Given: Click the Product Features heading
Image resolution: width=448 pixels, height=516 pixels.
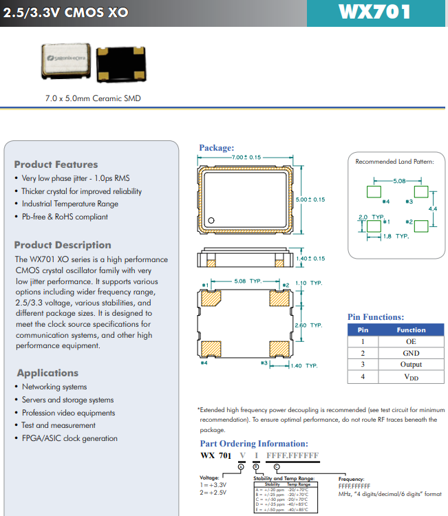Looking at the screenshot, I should tap(56, 164).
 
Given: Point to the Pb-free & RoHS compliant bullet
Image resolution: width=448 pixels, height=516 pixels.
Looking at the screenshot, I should tap(65, 217).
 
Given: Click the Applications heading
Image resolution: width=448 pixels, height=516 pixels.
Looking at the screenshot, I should tap(47, 373).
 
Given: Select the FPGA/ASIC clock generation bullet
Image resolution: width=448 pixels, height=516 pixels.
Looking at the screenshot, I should tap(70, 438).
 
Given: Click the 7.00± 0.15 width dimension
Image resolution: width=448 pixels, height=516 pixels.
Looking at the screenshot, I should tap(246, 158).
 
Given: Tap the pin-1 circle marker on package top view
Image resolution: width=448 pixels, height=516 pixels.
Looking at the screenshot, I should tap(212, 221).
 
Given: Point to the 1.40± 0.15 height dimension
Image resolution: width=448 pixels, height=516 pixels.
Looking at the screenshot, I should tap(310, 259).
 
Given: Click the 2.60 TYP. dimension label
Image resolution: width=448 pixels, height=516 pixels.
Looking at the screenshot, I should tap(308, 325).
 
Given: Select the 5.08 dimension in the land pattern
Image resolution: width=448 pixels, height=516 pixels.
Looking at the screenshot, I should tap(399, 181).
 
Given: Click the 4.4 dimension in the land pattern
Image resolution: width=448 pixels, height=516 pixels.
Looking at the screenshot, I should tap(432, 208).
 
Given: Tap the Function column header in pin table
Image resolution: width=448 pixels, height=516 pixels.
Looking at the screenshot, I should tap(411, 330).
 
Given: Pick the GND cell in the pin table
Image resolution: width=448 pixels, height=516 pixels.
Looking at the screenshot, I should tap(411, 353).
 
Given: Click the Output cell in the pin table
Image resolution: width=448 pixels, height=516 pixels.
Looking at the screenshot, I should tap(411, 365).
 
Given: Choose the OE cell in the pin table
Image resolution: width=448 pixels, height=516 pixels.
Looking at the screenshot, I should tap(411, 341).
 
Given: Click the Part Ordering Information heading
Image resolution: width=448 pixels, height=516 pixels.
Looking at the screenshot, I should tap(254, 444).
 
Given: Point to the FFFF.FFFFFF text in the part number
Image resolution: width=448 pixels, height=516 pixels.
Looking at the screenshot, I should tap(292, 456).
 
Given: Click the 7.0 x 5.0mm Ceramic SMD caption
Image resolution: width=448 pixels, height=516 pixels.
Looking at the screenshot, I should tap(93, 98).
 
